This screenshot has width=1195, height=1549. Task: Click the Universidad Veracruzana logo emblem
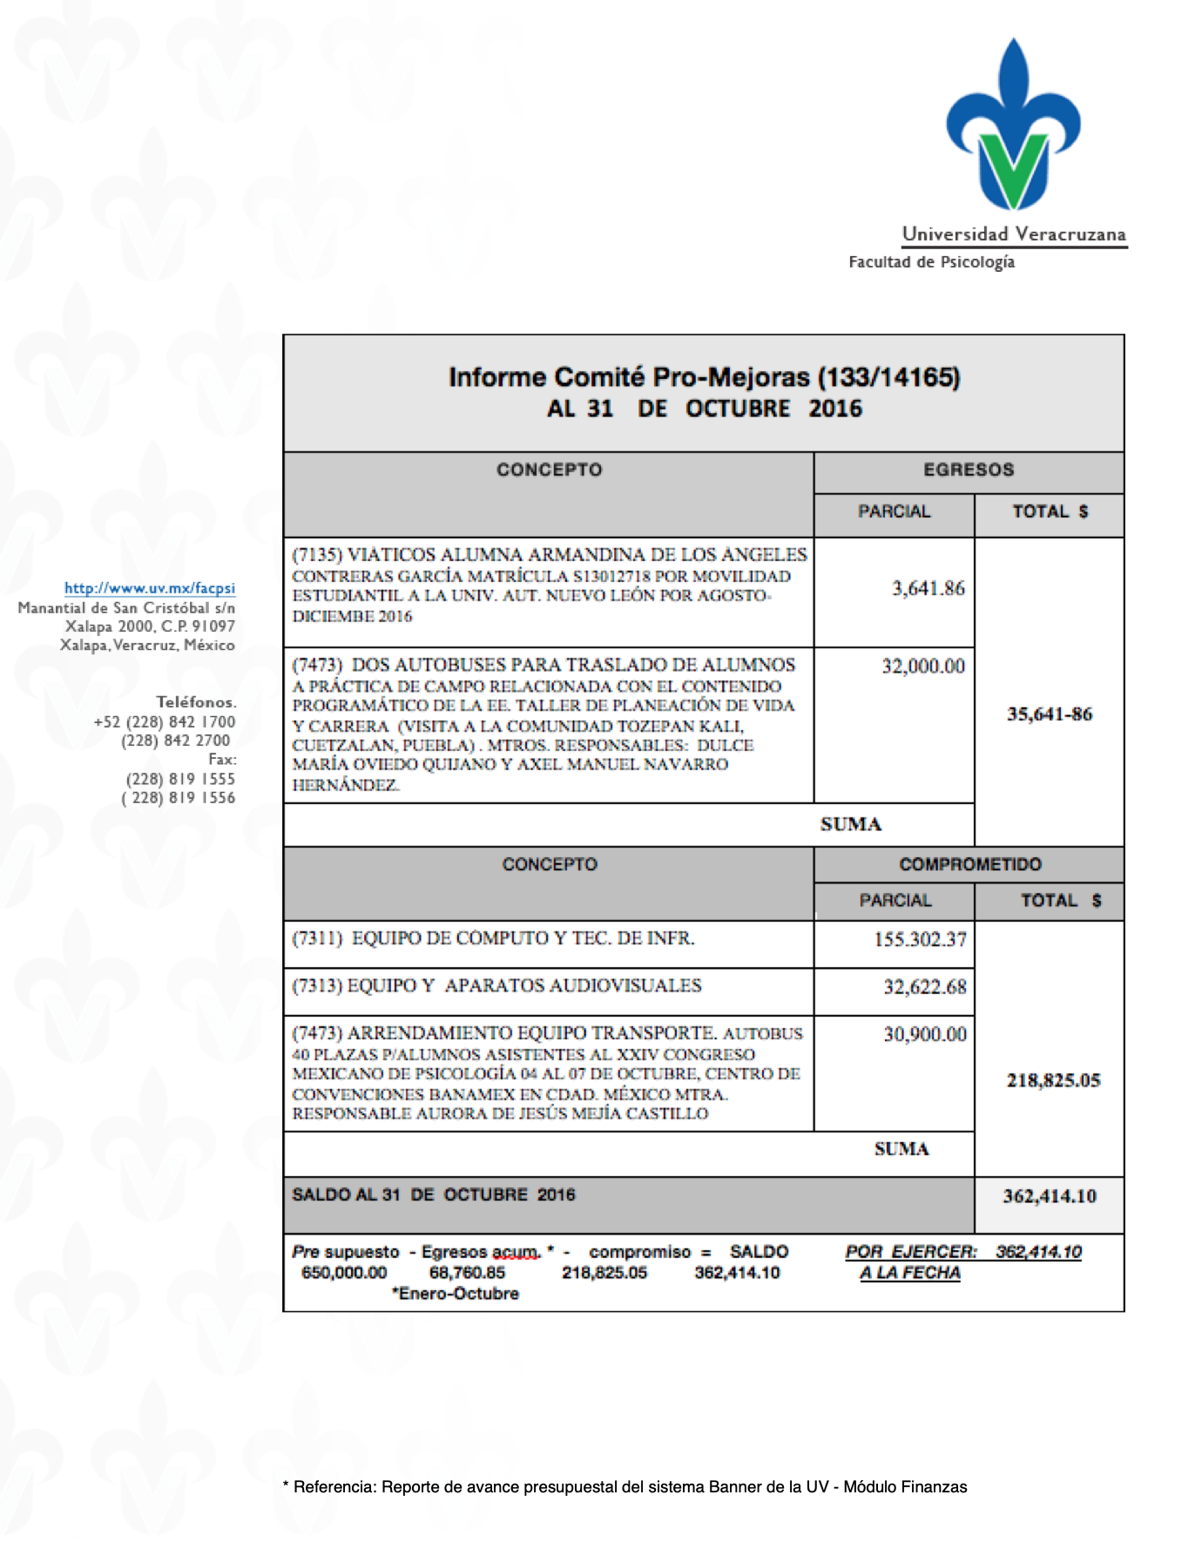click(x=1013, y=126)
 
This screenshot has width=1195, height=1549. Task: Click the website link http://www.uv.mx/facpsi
click(x=150, y=588)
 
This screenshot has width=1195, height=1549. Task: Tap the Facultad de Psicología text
click(x=931, y=262)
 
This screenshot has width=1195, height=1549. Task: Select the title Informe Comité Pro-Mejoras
click(x=704, y=377)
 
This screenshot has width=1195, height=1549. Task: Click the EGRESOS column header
click(x=969, y=470)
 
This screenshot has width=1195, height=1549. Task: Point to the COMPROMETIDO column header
click(x=969, y=864)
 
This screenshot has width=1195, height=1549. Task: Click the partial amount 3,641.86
click(x=928, y=589)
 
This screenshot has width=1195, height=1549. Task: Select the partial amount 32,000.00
click(x=923, y=666)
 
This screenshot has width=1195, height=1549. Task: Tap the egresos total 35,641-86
click(x=1050, y=714)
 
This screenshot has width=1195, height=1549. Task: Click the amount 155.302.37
click(x=921, y=939)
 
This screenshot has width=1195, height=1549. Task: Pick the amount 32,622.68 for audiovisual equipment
click(x=925, y=987)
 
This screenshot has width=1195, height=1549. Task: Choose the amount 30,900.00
click(x=925, y=1034)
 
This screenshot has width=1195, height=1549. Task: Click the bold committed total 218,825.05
click(x=1053, y=1080)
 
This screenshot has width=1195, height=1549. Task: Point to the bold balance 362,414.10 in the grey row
click(x=1050, y=1196)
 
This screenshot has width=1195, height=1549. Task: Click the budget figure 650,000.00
click(x=344, y=1273)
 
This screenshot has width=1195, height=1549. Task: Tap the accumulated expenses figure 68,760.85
click(x=467, y=1273)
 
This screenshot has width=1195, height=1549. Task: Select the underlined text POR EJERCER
click(x=911, y=1252)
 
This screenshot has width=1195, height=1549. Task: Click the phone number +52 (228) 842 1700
click(x=165, y=722)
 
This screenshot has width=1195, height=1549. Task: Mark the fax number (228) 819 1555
click(x=180, y=779)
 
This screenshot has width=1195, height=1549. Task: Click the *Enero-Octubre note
click(x=455, y=1294)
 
